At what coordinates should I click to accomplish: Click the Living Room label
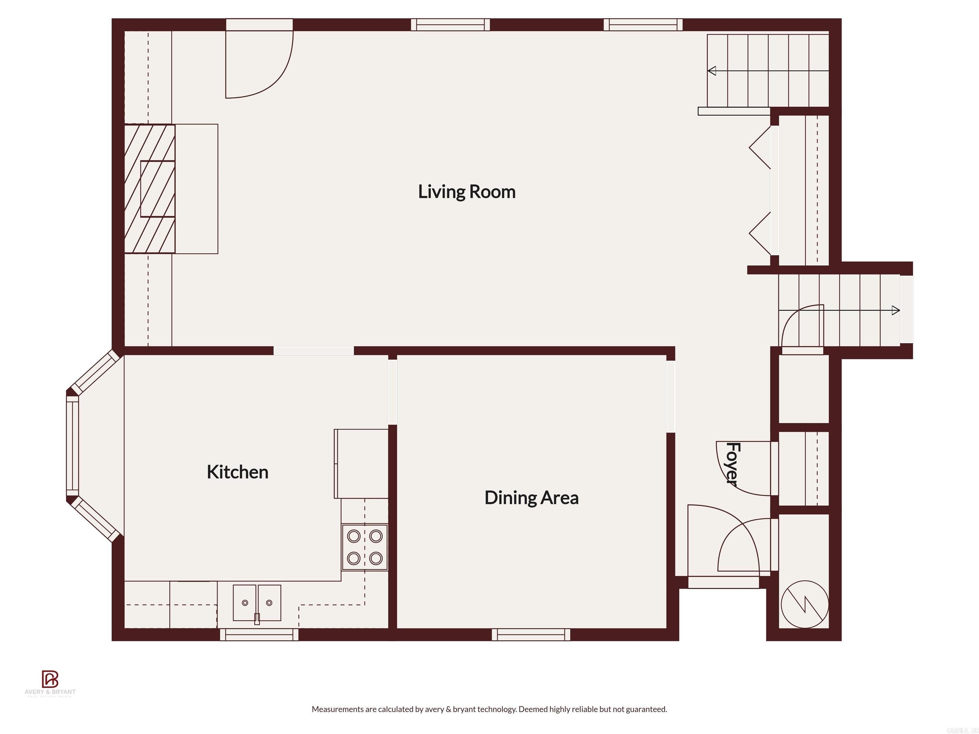tap(467, 191)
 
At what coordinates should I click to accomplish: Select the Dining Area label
tap(531, 498)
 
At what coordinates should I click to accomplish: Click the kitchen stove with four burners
tap(364, 547)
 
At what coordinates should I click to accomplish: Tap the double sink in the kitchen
tap(257, 603)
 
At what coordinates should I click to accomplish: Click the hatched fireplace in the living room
tap(149, 189)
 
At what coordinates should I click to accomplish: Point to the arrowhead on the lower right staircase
tap(896, 310)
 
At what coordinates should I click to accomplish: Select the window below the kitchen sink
tap(259, 635)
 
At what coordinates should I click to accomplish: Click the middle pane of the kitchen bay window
tap(72, 446)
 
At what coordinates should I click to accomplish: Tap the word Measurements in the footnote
tap(338, 709)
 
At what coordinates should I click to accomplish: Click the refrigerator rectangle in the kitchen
tap(361, 463)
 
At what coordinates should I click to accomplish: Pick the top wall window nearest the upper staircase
tap(643, 25)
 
